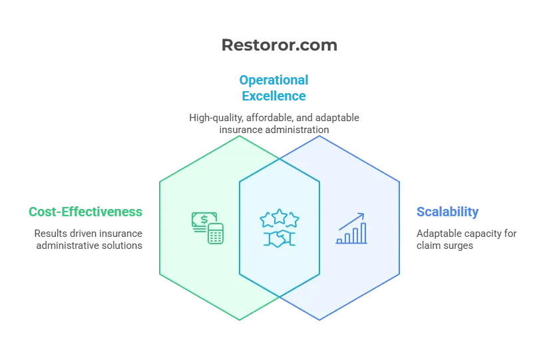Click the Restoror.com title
pos(279,45)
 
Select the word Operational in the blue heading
pos(274,81)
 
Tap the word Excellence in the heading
pos(274,96)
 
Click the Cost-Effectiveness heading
pos(86,212)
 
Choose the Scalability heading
pos(447,212)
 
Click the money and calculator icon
pos(208,228)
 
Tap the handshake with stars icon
pos(279,228)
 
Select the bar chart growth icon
pos(351,228)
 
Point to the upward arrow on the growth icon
pos(351,221)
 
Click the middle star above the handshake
pos(279,216)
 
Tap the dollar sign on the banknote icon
pos(204,220)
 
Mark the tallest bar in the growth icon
pos(363,233)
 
